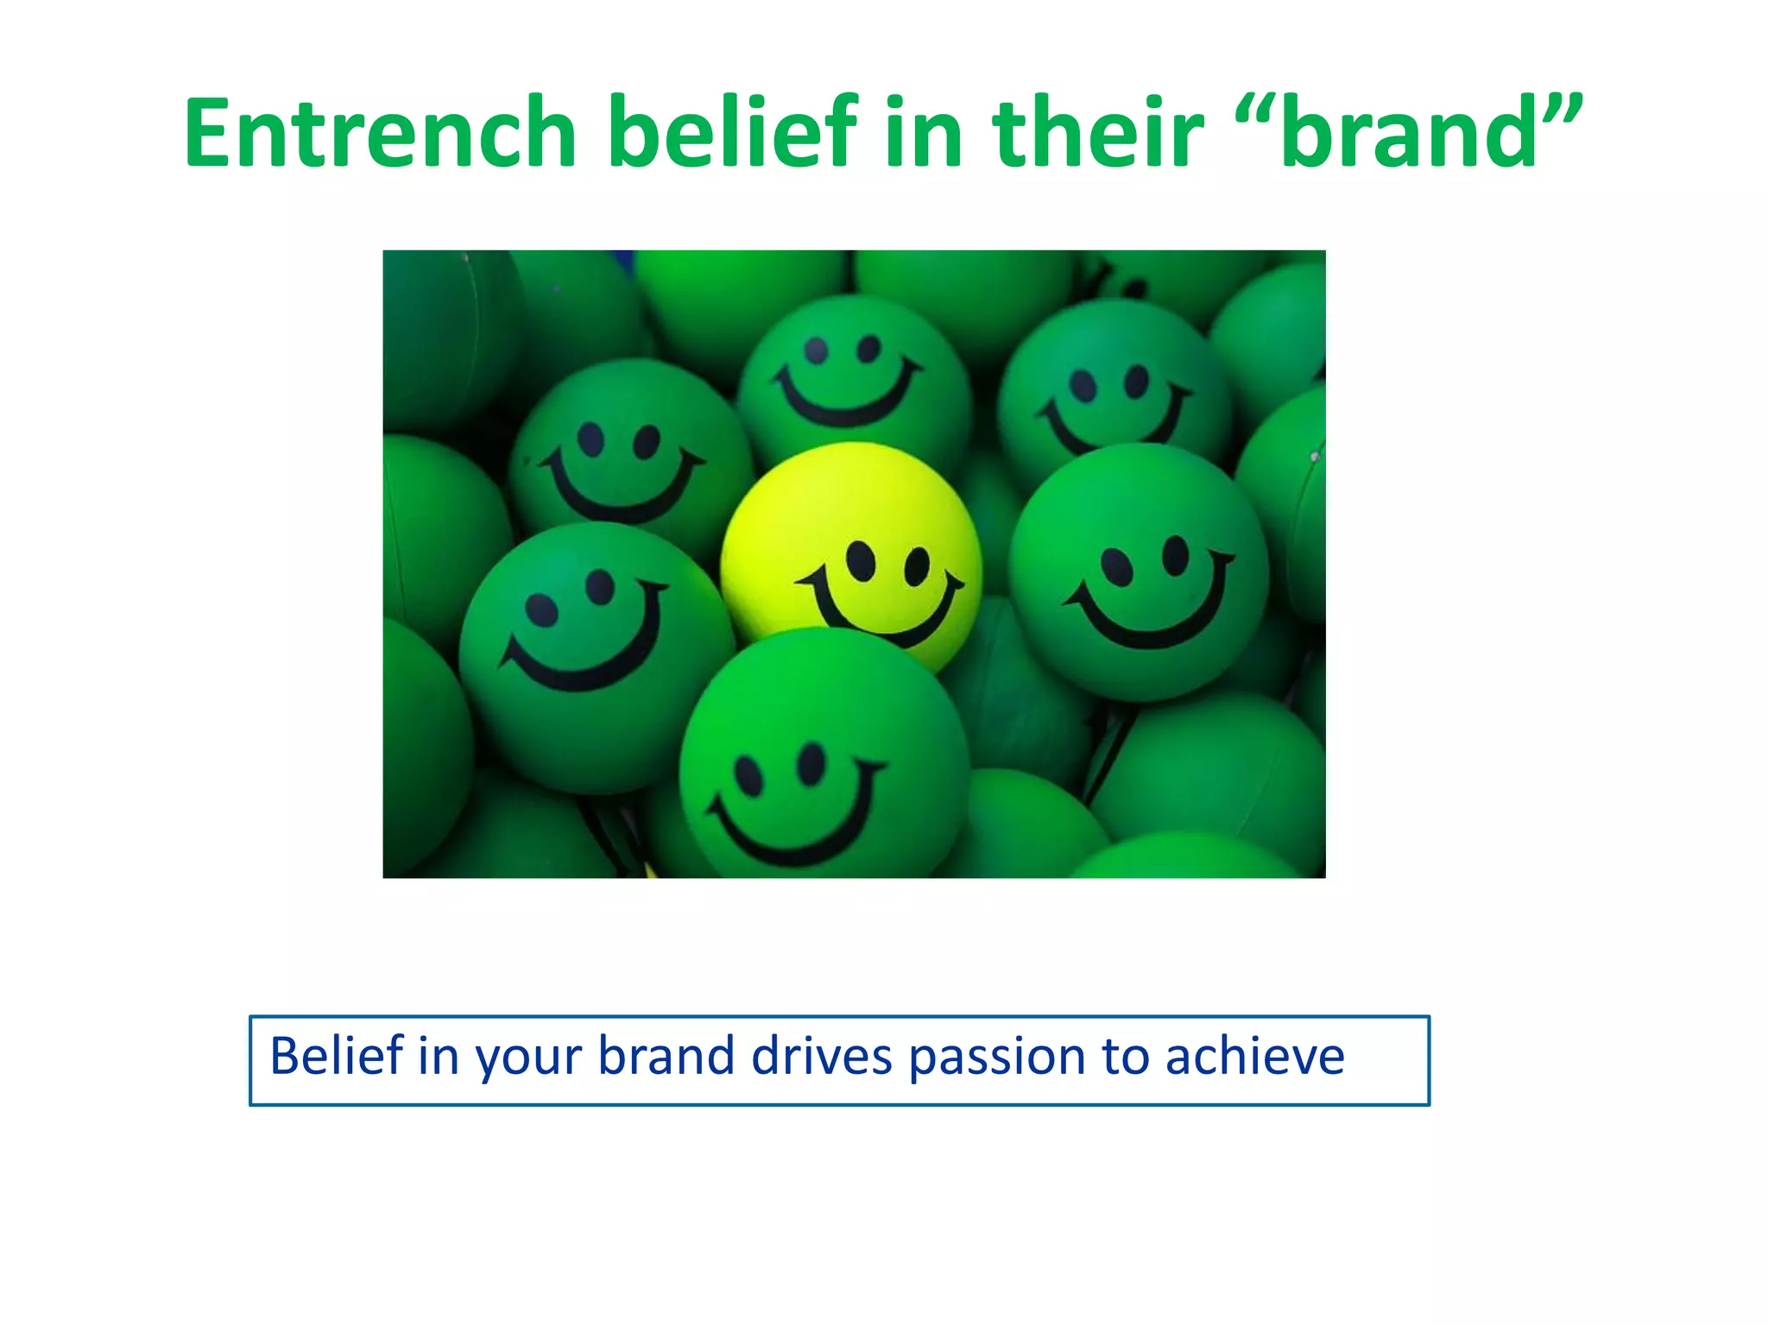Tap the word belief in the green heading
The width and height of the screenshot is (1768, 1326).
click(x=733, y=134)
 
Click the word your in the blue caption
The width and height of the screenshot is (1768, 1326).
click(x=528, y=1058)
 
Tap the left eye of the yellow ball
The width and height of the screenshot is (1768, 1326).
click(x=861, y=561)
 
